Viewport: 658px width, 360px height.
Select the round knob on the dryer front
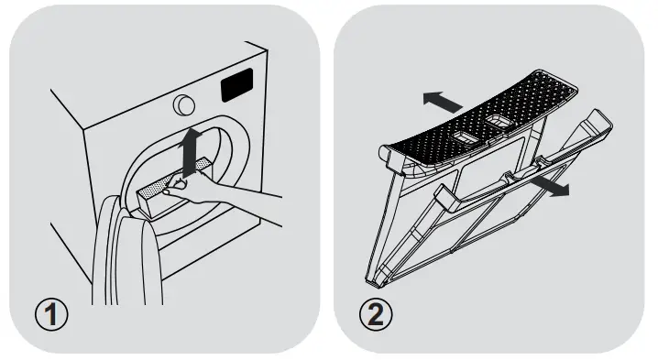182,103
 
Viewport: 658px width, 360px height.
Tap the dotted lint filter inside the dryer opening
155,189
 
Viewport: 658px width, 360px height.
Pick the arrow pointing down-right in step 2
550,186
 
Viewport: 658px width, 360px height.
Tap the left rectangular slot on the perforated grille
463,135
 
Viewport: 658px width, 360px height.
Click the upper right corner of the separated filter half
606,116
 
